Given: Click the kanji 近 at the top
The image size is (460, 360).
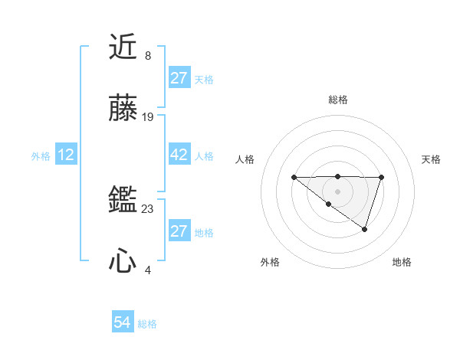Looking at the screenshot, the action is click(123, 47).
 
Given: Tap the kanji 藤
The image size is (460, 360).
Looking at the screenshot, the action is click(123, 110).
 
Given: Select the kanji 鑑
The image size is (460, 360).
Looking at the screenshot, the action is click(123, 200).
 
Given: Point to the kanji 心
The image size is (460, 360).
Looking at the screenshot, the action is click(123, 262).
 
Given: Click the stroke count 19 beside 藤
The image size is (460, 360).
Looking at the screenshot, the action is click(148, 117).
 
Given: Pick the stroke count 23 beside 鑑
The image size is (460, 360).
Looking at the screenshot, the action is click(148, 208).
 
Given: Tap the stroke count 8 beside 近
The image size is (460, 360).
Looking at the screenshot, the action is click(148, 55).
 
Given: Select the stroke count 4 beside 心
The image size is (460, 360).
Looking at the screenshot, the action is click(148, 270).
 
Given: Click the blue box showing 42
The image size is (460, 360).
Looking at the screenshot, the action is click(179, 155).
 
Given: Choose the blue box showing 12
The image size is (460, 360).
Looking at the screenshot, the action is click(66, 155).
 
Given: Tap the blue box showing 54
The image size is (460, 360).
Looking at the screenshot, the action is click(123, 322).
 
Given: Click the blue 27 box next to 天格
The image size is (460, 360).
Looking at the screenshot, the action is click(179, 78).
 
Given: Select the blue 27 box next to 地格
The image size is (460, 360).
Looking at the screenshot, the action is click(179, 231).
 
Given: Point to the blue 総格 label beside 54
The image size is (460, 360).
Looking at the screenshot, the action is click(147, 324).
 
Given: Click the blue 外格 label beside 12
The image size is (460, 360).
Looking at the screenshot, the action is click(41, 156).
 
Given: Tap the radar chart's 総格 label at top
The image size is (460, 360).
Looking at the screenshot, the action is click(338, 100).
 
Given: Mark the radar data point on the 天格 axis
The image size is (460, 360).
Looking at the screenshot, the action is click(381, 178).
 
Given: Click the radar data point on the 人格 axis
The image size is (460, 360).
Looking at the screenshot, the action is click(294, 178).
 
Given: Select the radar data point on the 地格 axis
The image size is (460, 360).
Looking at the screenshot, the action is click(365, 229).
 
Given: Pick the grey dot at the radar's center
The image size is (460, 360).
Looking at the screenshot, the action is click(338, 191).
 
